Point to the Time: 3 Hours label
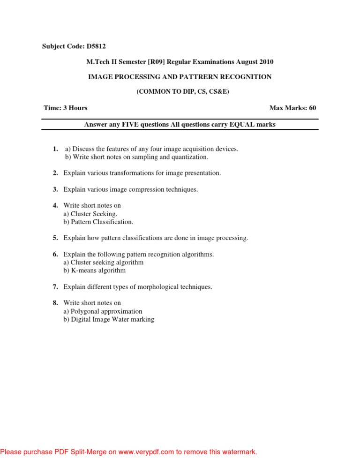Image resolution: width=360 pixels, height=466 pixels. (x=66, y=108)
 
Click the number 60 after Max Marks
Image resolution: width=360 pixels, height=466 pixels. (x=313, y=108)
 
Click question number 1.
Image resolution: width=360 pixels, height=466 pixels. (x=55, y=149)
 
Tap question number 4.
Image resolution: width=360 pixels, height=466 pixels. (x=55, y=205)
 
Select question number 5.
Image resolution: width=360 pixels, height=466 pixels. (x=55, y=238)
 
